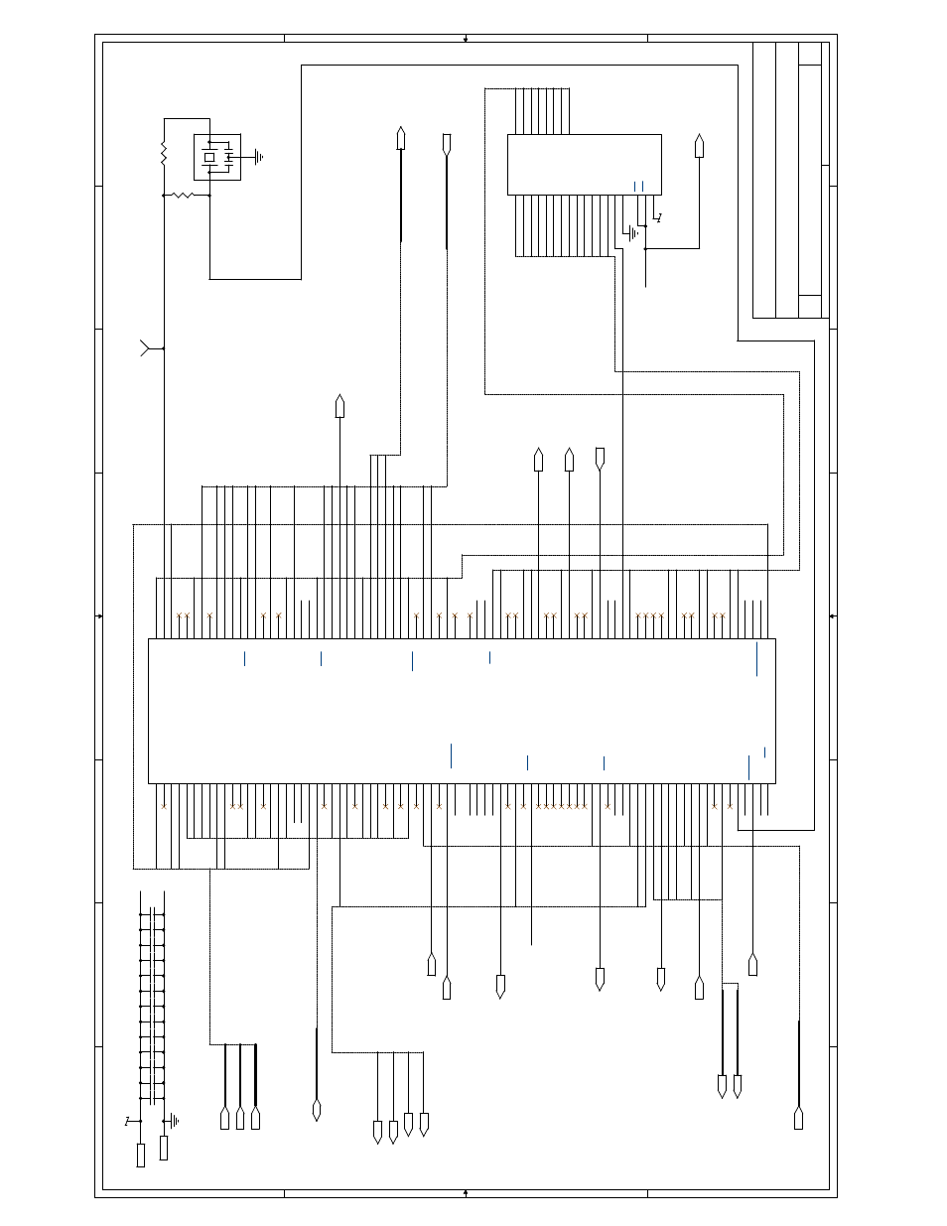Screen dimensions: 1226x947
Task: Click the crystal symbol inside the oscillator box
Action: tap(209, 157)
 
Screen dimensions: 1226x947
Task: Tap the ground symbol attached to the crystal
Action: tap(257, 156)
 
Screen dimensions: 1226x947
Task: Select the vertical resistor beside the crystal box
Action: tap(164, 154)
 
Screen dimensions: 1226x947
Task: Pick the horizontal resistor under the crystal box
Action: tap(183, 196)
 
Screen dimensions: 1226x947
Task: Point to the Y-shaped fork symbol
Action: tap(146, 348)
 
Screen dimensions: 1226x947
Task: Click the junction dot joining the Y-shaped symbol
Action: tap(164, 348)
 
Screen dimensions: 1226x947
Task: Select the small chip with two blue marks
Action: tap(584, 165)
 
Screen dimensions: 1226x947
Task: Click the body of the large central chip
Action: tap(462, 710)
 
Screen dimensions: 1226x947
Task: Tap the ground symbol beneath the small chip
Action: tap(631, 234)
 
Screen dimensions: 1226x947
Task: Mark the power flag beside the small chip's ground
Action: tap(657, 217)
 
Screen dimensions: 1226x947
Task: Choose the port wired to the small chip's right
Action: tap(699, 146)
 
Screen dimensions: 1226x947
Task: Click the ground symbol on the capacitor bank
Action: tap(174, 1121)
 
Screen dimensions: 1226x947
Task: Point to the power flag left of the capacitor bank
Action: tap(128, 1121)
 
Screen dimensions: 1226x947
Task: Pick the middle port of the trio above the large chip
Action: tap(569, 460)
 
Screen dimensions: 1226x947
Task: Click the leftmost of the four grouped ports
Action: tap(377, 1132)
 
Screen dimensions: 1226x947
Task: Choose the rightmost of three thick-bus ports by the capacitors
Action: tap(255, 1118)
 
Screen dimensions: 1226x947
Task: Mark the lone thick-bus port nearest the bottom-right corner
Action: tap(798, 1118)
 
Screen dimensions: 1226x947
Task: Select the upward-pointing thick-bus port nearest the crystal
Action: tap(401, 138)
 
